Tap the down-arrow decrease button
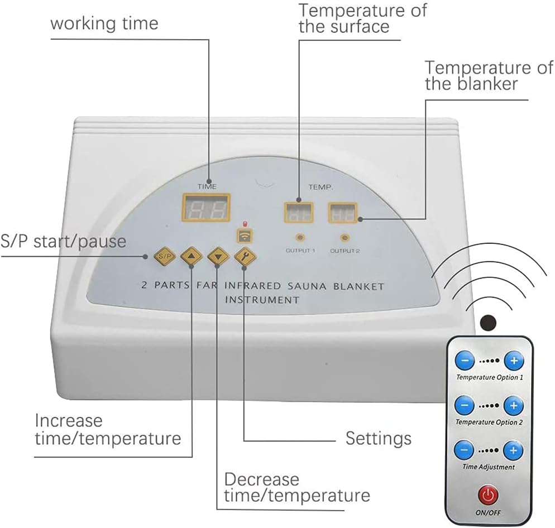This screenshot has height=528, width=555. (218, 257)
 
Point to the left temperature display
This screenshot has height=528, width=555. (298, 213)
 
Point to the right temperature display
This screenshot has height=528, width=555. (343, 213)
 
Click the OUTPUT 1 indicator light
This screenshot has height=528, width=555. (300, 237)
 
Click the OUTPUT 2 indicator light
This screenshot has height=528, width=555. (345, 237)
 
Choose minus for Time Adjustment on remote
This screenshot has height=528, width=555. (464, 449)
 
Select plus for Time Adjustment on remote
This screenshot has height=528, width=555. (514, 449)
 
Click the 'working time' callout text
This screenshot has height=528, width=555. (104, 23)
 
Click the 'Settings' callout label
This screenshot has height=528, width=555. (378, 438)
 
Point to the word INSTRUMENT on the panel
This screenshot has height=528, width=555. (262, 300)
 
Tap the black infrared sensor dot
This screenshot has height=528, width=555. (489, 321)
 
